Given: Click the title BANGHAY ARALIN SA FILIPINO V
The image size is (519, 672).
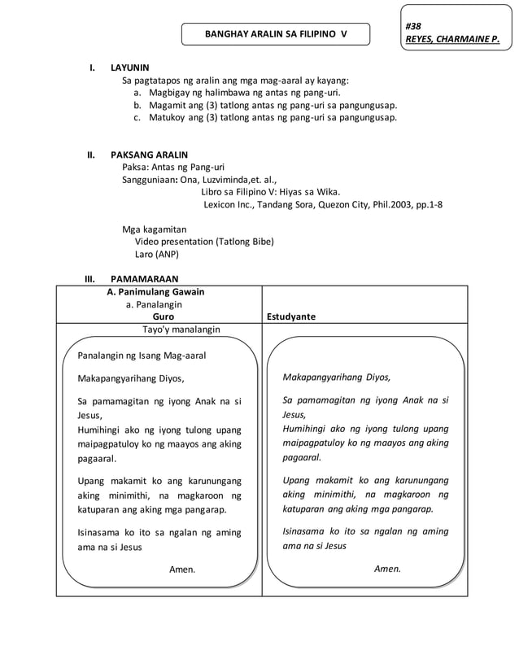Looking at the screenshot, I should point(275,34).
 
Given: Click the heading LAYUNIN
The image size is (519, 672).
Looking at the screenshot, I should point(129,68).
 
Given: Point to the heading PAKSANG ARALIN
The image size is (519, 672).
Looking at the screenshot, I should point(149,154).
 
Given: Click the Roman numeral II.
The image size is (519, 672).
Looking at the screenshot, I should point(92,154).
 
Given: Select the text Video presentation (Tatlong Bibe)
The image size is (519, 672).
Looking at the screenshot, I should point(204,241).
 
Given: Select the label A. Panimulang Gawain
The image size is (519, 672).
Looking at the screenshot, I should point(155,291).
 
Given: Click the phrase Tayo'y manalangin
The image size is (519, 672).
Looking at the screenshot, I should point(181,329).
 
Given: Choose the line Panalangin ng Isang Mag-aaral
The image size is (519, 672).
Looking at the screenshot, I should point(142,355).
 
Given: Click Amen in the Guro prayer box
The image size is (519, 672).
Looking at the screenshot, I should point(182,569).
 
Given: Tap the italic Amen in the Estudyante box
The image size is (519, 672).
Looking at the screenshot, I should point(387,569).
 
